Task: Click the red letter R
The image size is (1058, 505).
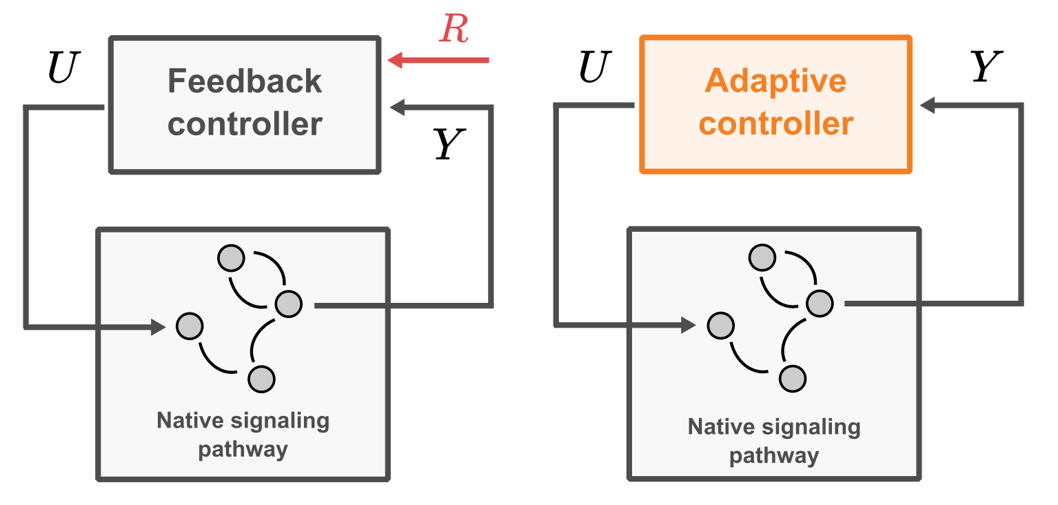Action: (x=454, y=28)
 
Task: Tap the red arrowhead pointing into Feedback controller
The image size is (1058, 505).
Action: (x=396, y=61)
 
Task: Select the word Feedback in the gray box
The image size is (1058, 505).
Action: (x=245, y=81)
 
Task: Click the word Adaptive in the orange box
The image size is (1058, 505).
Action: (x=775, y=81)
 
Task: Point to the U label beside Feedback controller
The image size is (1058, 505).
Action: (x=61, y=68)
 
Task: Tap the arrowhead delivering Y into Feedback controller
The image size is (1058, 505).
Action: (x=398, y=106)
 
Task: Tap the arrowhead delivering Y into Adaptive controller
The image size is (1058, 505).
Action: (x=928, y=106)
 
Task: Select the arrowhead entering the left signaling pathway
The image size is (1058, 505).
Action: (x=159, y=326)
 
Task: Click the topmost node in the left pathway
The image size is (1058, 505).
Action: (x=231, y=259)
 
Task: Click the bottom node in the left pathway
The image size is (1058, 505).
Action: (x=261, y=379)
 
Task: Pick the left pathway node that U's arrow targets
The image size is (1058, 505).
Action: (x=190, y=326)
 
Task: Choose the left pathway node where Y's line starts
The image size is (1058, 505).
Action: (x=289, y=304)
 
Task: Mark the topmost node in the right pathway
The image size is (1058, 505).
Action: (x=762, y=257)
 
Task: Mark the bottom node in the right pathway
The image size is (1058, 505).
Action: (x=793, y=378)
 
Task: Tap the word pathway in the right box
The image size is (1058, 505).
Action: (x=774, y=456)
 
